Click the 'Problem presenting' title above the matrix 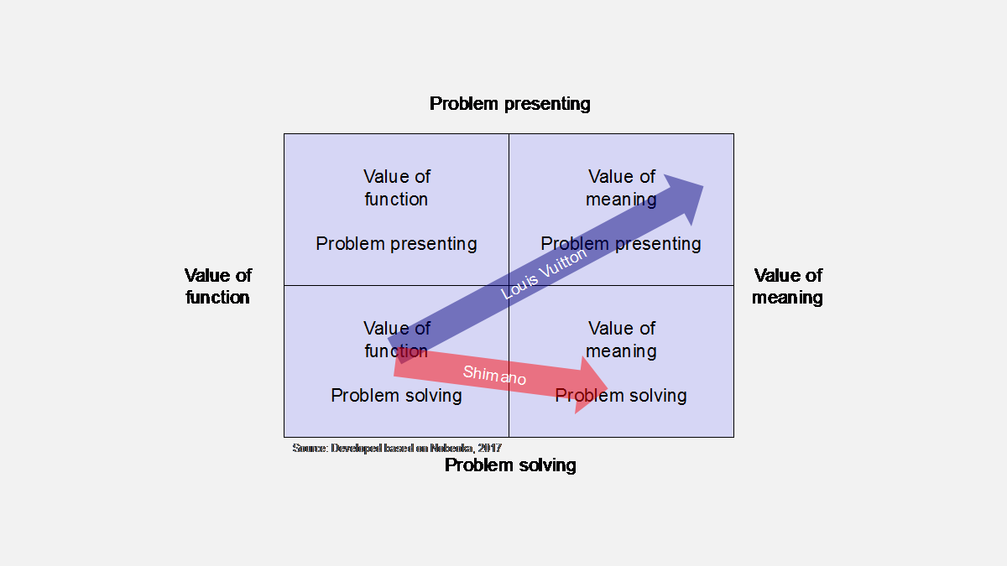[509, 104]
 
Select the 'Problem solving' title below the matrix [510, 465]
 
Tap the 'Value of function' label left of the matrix [218, 286]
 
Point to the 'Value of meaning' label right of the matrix [787, 286]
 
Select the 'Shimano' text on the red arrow [494, 375]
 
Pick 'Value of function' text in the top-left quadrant [396, 188]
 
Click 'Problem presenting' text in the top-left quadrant [396, 244]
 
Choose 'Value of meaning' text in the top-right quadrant [621, 188]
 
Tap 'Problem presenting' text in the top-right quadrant [621, 244]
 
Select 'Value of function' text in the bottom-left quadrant [396, 340]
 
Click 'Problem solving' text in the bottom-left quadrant [396, 396]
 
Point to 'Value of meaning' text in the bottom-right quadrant [621, 340]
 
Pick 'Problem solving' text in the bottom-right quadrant [621, 396]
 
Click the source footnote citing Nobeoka [397, 449]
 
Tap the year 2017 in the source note [488, 449]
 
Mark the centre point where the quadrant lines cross [509, 286]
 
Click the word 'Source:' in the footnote [310, 449]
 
